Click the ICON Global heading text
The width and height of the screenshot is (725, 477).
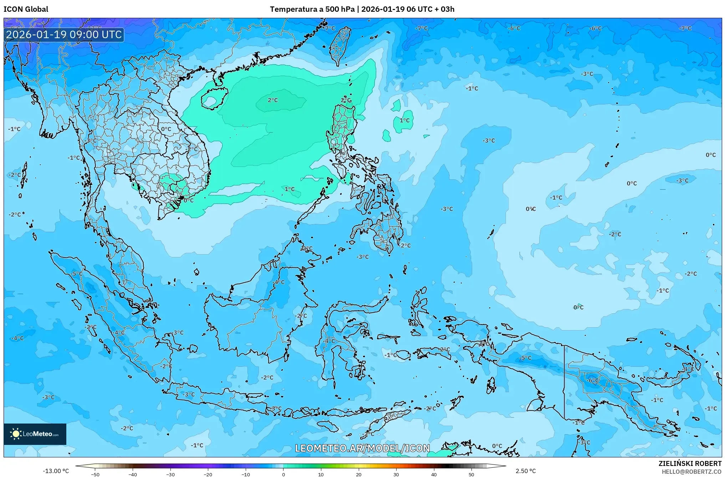click(26, 9)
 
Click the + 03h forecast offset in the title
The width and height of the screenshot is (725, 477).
click(445, 9)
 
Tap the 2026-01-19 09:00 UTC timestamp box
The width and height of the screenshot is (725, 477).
click(64, 35)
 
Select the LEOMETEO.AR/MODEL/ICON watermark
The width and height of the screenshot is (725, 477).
click(362, 448)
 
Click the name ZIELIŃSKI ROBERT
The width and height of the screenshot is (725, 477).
click(690, 463)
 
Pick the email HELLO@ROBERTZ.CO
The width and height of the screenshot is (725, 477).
click(692, 471)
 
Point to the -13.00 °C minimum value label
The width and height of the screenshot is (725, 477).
click(56, 471)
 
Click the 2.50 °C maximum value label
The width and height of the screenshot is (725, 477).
click(525, 471)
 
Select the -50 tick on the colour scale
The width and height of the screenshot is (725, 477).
click(95, 474)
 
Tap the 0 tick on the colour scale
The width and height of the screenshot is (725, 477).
click(284, 474)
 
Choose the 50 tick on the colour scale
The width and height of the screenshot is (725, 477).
click(471, 474)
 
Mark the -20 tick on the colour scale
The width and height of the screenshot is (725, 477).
click(208, 474)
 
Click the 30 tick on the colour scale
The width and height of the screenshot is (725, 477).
click(396, 474)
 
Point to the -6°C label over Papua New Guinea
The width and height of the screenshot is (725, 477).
click(593, 380)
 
